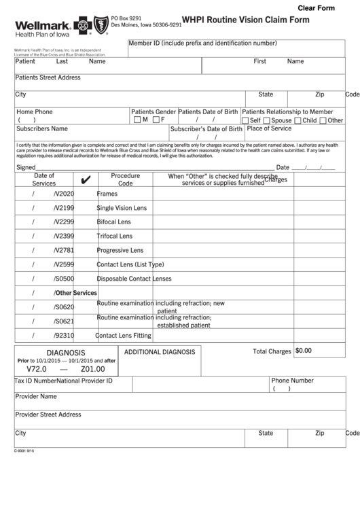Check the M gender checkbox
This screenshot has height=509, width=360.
pos(137,120)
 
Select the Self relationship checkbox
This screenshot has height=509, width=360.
pos(246,120)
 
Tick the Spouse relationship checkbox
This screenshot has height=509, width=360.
pos(267,120)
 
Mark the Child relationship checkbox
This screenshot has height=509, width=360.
pos(298,120)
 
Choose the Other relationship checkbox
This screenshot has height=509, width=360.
pos(323,120)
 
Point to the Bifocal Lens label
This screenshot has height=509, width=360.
pos(114,222)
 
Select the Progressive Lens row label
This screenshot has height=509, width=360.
pos(120,250)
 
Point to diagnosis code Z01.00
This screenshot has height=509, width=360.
pos(92,369)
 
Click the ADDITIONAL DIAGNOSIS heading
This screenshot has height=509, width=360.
pos(160,352)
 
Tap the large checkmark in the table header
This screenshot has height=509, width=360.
pos(86,180)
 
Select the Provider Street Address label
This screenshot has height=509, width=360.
pos(48,415)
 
